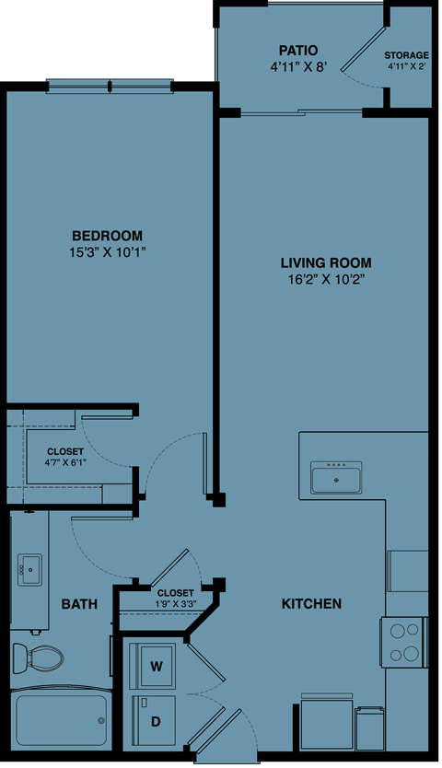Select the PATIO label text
coord(298,50)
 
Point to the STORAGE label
coord(406,54)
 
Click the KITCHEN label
coord(311,604)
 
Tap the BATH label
coord(79,605)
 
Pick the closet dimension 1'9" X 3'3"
coord(175,605)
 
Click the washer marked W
coord(156,665)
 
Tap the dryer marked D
coord(156,720)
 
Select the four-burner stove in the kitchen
coord(403,642)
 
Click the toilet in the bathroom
coord(40,657)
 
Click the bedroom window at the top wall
coord(110,87)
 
